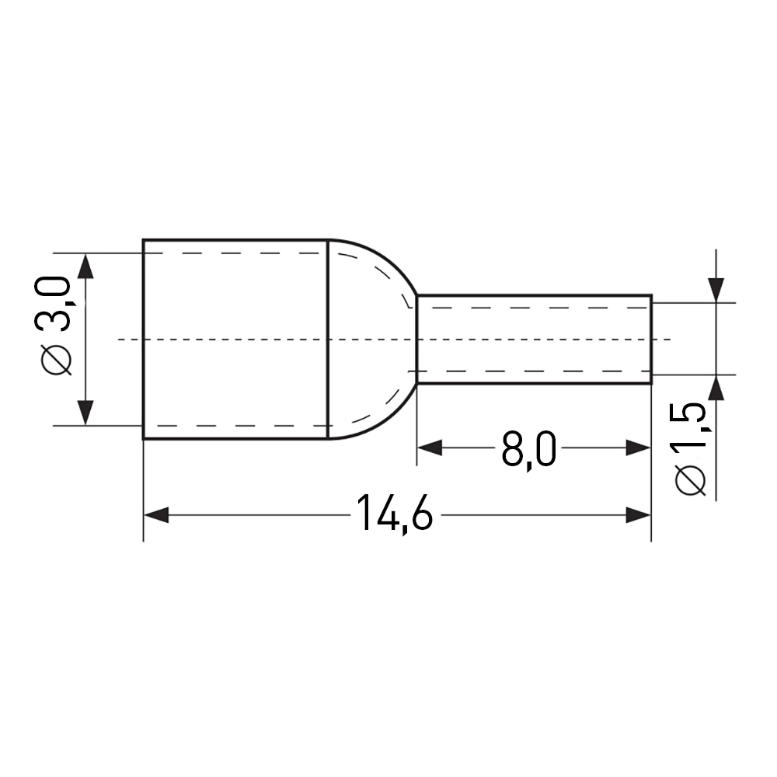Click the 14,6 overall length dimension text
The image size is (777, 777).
pos(394,514)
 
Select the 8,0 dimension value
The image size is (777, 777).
pos(528,449)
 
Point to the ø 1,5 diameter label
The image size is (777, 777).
pos(690,449)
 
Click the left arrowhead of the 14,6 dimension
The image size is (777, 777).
pos(155,515)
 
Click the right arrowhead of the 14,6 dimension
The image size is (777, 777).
pos(638,515)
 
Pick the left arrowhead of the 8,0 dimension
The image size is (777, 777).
pos(429,448)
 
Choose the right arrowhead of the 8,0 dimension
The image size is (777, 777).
pos(638,448)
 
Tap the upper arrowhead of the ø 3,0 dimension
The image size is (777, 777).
pos(86,266)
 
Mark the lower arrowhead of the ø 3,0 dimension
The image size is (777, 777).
pos(86,413)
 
